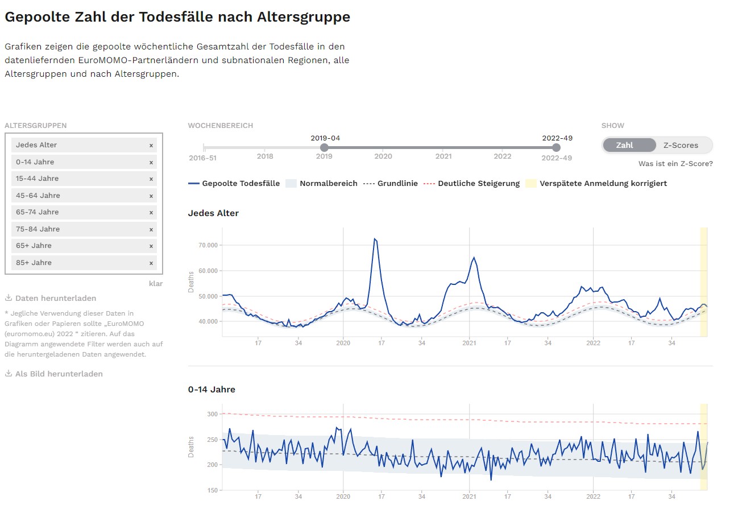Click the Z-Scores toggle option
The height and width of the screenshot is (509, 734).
(681, 145)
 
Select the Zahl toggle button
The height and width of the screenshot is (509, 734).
(624, 145)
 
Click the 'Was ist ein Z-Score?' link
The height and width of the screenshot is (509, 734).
(675, 164)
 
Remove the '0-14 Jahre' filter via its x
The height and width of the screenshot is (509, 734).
(151, 162)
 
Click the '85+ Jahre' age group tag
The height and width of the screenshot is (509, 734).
(34, 263)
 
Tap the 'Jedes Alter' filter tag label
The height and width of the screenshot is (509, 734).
(36, 145)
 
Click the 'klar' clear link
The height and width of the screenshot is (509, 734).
(155, 283)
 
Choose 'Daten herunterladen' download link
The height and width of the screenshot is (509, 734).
(56, 298)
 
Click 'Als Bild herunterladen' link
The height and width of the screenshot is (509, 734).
(59, 374)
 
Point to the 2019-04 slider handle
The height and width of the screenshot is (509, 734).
(324, 148)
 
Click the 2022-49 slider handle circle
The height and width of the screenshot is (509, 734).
(556, 148)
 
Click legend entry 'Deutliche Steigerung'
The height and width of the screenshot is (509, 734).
(479, 183)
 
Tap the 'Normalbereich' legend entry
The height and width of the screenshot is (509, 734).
(329, 183)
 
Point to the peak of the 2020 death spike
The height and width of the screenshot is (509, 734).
(375, 239)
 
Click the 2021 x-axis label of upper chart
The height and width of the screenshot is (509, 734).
(469, 343)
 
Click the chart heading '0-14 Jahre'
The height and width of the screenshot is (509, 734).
(212, 390)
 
